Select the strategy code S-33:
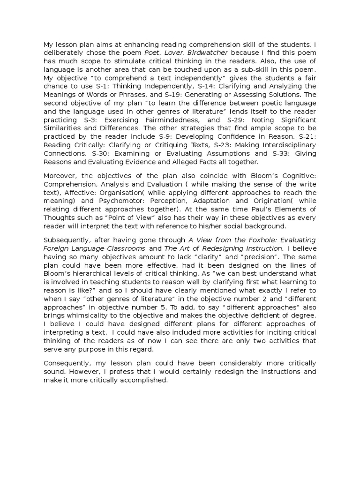click(x=284, y=154)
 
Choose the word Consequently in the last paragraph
click(x=67, y=364)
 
